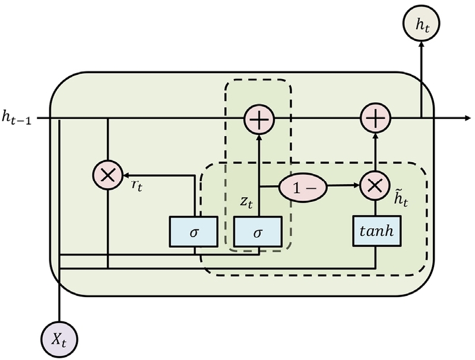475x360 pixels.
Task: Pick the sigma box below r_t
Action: click(194, 230)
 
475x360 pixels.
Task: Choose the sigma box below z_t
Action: click(258, 230)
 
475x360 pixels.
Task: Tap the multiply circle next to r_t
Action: click(107, 175)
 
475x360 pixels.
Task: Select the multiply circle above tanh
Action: click(375, 186)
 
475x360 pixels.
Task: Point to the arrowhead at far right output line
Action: click(466, 118)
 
